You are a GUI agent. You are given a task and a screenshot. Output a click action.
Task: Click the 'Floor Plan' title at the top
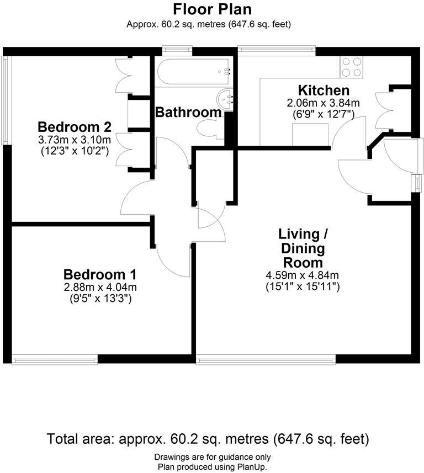212,9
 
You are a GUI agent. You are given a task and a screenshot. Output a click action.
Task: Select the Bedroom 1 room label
100,274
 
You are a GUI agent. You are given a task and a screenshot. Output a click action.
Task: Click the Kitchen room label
324,91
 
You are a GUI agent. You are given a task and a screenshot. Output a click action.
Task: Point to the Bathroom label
188,113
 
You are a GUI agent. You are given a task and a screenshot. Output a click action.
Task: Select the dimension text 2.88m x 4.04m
100,287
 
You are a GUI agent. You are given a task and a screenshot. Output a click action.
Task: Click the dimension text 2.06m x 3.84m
324,103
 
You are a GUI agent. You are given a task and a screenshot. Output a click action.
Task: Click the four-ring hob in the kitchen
351,67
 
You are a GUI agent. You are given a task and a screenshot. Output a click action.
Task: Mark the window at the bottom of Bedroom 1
55,360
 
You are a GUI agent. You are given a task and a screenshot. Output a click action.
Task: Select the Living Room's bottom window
266,360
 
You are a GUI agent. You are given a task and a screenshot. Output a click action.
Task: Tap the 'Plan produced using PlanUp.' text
212,467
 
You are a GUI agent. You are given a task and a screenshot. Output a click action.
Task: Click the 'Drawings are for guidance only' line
212,457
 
